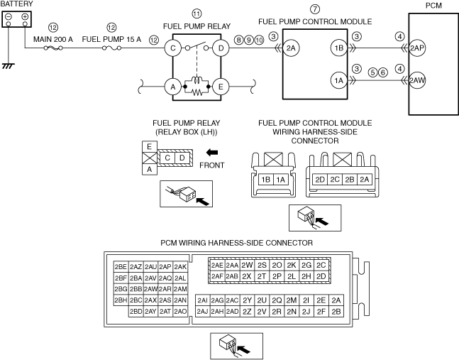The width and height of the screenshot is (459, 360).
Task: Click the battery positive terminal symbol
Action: (x=25, y=16)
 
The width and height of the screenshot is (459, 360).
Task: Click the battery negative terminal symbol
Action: (x=9, y=16)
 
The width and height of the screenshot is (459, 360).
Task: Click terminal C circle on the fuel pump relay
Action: (x=172, y=48)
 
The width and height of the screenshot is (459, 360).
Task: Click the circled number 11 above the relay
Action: (x=197, y=13)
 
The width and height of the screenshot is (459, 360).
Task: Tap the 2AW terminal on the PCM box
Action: (x=417, y=80)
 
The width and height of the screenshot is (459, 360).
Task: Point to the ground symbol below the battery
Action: (x=9, y=65)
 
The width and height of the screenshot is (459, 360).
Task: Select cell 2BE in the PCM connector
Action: (x=121, y=267)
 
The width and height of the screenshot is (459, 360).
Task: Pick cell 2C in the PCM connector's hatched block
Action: (x=321, y=265)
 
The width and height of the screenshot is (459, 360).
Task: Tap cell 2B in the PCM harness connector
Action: (x=337, y=311)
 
